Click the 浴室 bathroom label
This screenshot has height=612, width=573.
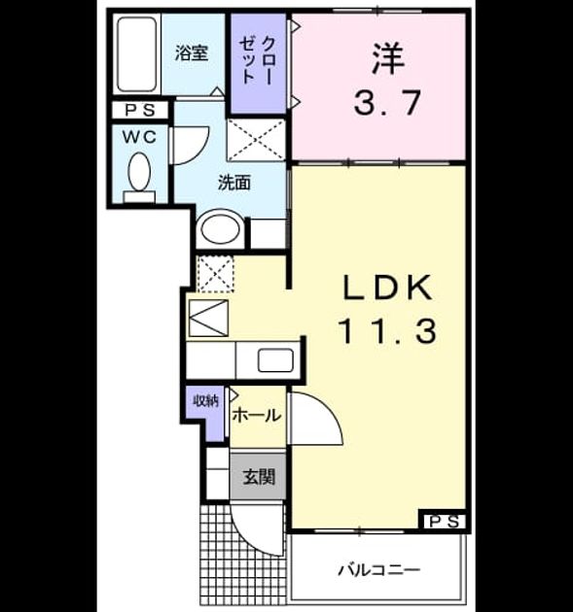point(191,53)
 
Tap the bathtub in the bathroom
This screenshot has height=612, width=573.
point(137,54)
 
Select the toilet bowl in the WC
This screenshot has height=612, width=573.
point(139,172)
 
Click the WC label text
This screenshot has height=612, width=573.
point(139,137)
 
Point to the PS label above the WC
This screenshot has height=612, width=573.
point(139,110)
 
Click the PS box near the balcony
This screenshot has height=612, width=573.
point(444,522)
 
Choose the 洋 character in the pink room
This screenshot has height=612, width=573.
point(387,58)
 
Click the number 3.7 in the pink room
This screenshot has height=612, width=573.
point(387,103)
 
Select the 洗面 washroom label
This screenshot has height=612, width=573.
point(234,183)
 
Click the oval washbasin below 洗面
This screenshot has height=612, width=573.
point(220,229)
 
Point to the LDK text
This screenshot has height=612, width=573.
point(388,289)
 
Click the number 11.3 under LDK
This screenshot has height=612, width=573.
point(388,331)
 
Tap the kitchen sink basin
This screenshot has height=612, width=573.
point(275,360)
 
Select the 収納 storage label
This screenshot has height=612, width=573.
point(205,401)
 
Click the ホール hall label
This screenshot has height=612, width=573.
point(257,416)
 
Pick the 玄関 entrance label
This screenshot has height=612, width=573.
point(259,477)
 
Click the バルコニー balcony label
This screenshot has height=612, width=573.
point(379,570)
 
